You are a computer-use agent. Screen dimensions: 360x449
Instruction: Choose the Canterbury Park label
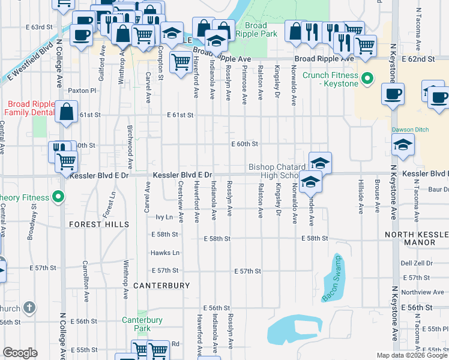[142, 324]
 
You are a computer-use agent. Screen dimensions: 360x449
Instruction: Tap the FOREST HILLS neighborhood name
[99, 224]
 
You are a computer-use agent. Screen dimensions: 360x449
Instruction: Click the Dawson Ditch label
[408, 129]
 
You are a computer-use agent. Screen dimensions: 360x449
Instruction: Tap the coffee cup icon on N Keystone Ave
[393, 94]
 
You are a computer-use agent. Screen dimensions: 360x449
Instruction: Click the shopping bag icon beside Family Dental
[67, 112]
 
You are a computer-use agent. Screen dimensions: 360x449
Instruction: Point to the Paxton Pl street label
[82, 91]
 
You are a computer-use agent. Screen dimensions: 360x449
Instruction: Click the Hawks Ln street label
[165, 253]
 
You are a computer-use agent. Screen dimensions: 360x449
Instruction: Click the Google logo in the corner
[20, 352]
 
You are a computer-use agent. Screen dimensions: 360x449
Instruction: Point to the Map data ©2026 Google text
[412, 355]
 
